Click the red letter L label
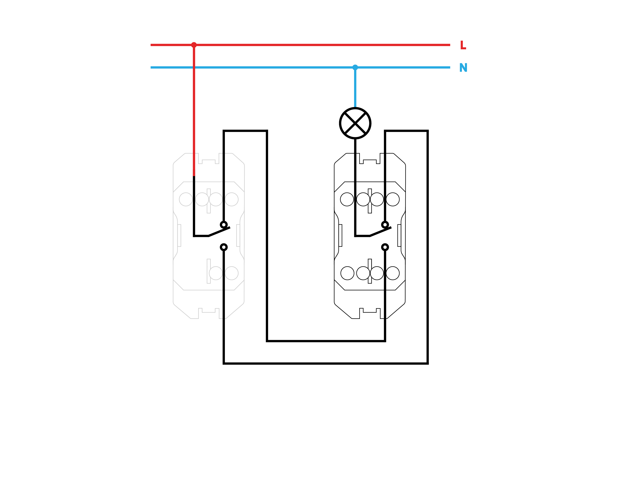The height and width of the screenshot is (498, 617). tap(463, 45)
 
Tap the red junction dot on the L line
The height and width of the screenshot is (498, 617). tap(194, 45)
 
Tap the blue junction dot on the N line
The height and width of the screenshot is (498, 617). tap(355, 67)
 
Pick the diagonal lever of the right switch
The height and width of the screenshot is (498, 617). tap(380, 232)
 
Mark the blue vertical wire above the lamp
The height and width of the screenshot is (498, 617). tap(355, 88)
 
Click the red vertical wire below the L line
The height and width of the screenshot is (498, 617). tap(194, 111)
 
